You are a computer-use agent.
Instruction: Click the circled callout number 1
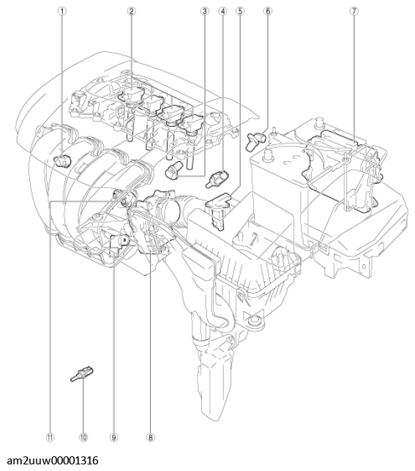(63, 12)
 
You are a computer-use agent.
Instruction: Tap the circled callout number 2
(131, 12)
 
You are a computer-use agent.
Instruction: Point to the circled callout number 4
(222, 12)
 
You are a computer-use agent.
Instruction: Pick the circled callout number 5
(239, 12)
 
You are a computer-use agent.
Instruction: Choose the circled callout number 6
(268, 12)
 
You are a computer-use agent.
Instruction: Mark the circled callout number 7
(354, 12)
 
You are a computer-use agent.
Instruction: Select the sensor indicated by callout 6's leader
(258, 136)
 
